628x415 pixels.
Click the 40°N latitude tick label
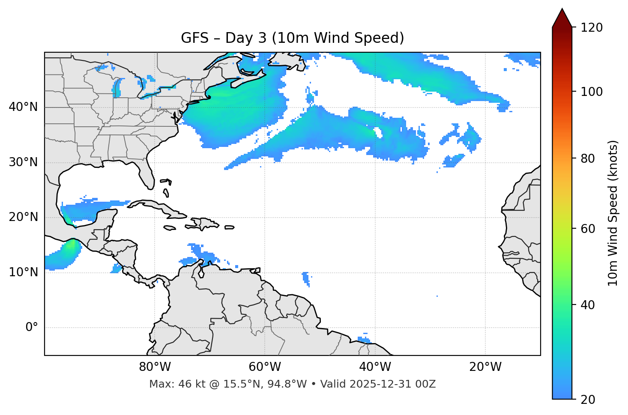point(23,107)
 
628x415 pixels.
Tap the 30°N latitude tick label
point(23,162)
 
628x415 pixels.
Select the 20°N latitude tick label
point(23,217)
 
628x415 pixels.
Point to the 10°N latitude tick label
point(23,272)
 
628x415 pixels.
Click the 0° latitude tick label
point(32,328)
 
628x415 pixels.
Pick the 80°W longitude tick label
point(155,367)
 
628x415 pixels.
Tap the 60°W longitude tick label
point(265,367)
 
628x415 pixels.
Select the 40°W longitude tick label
point(375,367)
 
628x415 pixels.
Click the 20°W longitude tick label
point(485,367)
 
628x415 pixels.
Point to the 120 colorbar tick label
point(592,28)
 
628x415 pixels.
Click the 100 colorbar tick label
point(592,92)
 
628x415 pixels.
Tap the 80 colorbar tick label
point(588,158)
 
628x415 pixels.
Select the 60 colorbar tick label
point(588,229)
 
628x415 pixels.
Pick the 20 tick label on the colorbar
point(588,400)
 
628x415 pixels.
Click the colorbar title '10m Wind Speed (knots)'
point(613,213)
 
